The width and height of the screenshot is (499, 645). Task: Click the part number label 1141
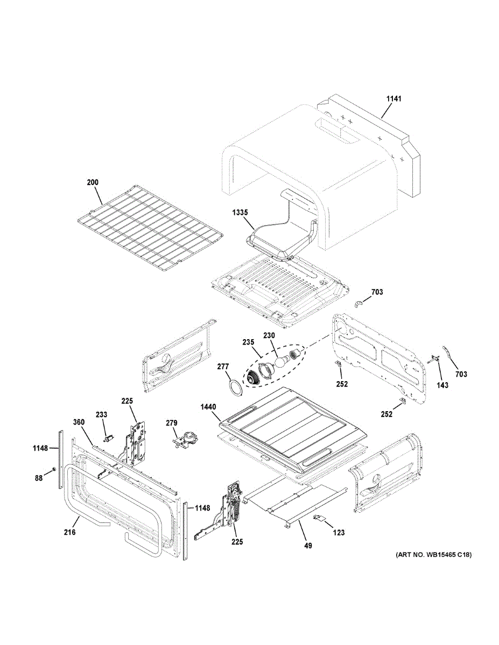[393, 99]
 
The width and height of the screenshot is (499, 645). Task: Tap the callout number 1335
[240, 213]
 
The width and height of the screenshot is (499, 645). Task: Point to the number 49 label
[307, 546]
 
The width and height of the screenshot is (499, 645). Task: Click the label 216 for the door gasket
[69, 532]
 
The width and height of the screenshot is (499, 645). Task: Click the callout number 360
[79, 422]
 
